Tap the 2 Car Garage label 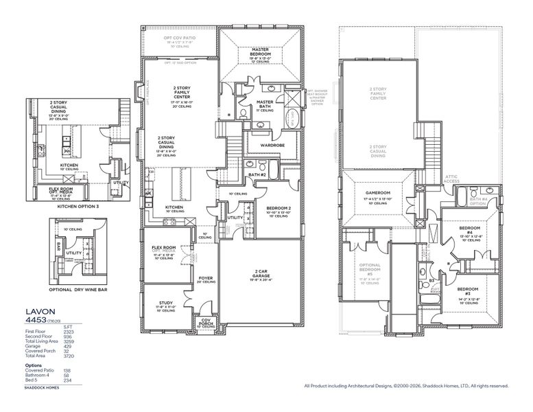tap(263, 273)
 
